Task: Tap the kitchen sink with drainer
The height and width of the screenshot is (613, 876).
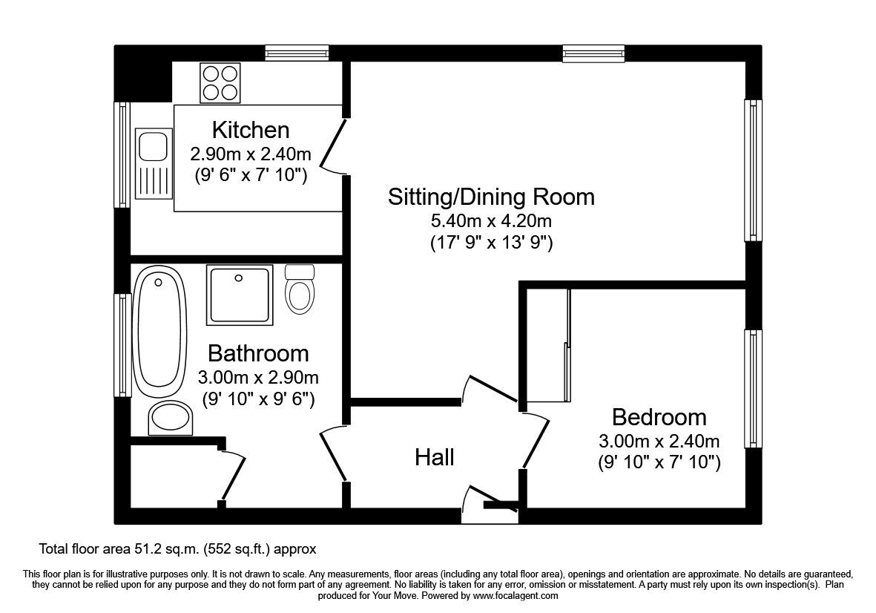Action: pyautogui.click(x=154, y=165)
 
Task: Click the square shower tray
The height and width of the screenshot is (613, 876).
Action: pyautogui.click(x=239, y=295)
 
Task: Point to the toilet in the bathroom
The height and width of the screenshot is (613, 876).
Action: pyautogui.click(x=300, y=289)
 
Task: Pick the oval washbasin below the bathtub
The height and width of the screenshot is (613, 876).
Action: pyautogui.click(x=170, y=418)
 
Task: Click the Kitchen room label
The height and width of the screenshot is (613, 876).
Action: pyautogui.click(x=251, y=130)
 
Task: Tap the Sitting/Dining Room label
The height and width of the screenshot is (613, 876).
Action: pyautogui.click(x=491, y=197)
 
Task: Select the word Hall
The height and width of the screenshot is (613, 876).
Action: pyautogui.click(x=434, y=457)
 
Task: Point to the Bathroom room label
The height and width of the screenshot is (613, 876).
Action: pyautogui.click(x=258, y=353)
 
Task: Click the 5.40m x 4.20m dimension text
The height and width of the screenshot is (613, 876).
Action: pyautogui.click(x=491, y=220)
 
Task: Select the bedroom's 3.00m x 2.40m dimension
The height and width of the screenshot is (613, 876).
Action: pyautogui.click(x=659, y=441)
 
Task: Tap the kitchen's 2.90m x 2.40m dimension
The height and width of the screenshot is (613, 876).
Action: pyautogui.click(x=251, y=155)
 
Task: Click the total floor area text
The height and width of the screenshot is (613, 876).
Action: pyautogui.click(x=178, y=549)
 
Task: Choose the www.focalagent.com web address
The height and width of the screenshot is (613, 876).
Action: pyautogui.click(x=516, y=595)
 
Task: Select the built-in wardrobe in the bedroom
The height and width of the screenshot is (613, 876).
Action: pyautogui.click(x=547, y=345)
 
